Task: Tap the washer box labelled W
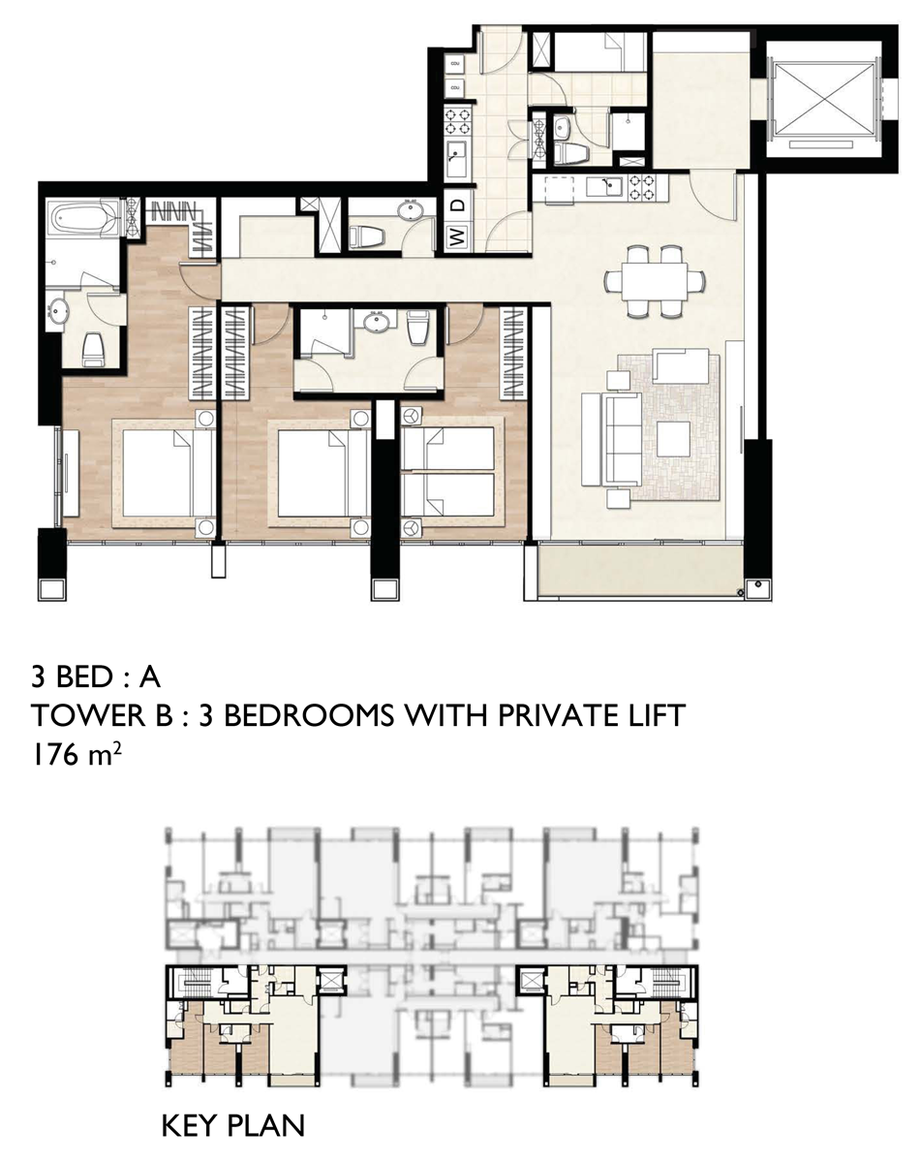coord(457,236)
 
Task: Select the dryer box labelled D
coord(457,204)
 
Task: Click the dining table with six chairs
coord(655,281)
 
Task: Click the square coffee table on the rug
coord(673,439)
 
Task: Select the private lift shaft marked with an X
coord(824,98)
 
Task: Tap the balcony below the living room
coord(641,571)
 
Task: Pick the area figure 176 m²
coord(77,756)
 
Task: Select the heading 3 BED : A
coord(96,676)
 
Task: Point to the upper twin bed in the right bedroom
coord(448,449)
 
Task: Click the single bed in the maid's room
coord(600,51)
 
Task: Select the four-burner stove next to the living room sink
coord(642,187)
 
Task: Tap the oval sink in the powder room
coord(414,209)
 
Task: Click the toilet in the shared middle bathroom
coord(417,328)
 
